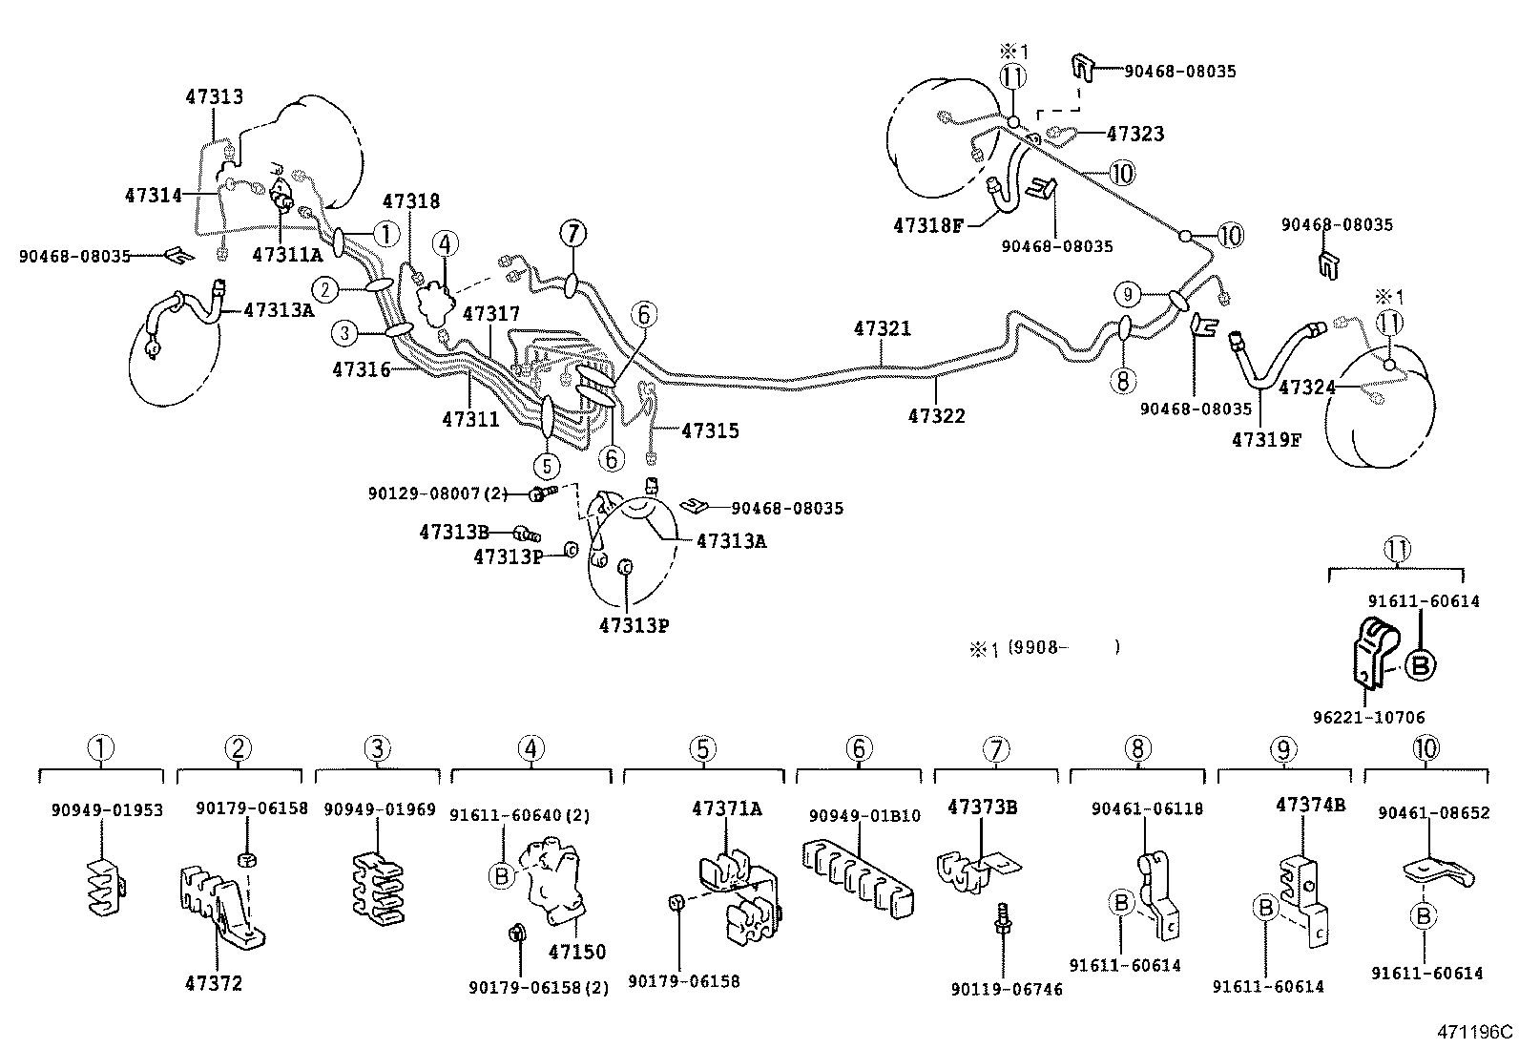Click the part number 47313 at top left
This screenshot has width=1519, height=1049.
coord(214,96)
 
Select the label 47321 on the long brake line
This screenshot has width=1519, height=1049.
coord(882,328)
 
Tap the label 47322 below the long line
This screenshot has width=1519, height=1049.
coord(936,416)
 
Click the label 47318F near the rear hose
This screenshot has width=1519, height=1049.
coord(928,225)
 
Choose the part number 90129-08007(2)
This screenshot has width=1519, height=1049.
coord(438,493)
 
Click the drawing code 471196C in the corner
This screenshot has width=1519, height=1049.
coord(1476,1032)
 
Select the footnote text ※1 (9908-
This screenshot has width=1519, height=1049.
coord(1044,648)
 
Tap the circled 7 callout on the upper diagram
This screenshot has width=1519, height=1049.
coord(572,233)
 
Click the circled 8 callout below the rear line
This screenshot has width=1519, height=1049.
coord(1123,382)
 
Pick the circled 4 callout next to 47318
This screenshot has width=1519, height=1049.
coord(445,245)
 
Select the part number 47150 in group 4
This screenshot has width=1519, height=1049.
coord(576,952)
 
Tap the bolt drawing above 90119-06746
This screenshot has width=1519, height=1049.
coord(1002,924)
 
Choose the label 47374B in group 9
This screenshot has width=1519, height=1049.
coord(1310,805)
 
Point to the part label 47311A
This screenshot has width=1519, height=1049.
coord(287,254)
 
